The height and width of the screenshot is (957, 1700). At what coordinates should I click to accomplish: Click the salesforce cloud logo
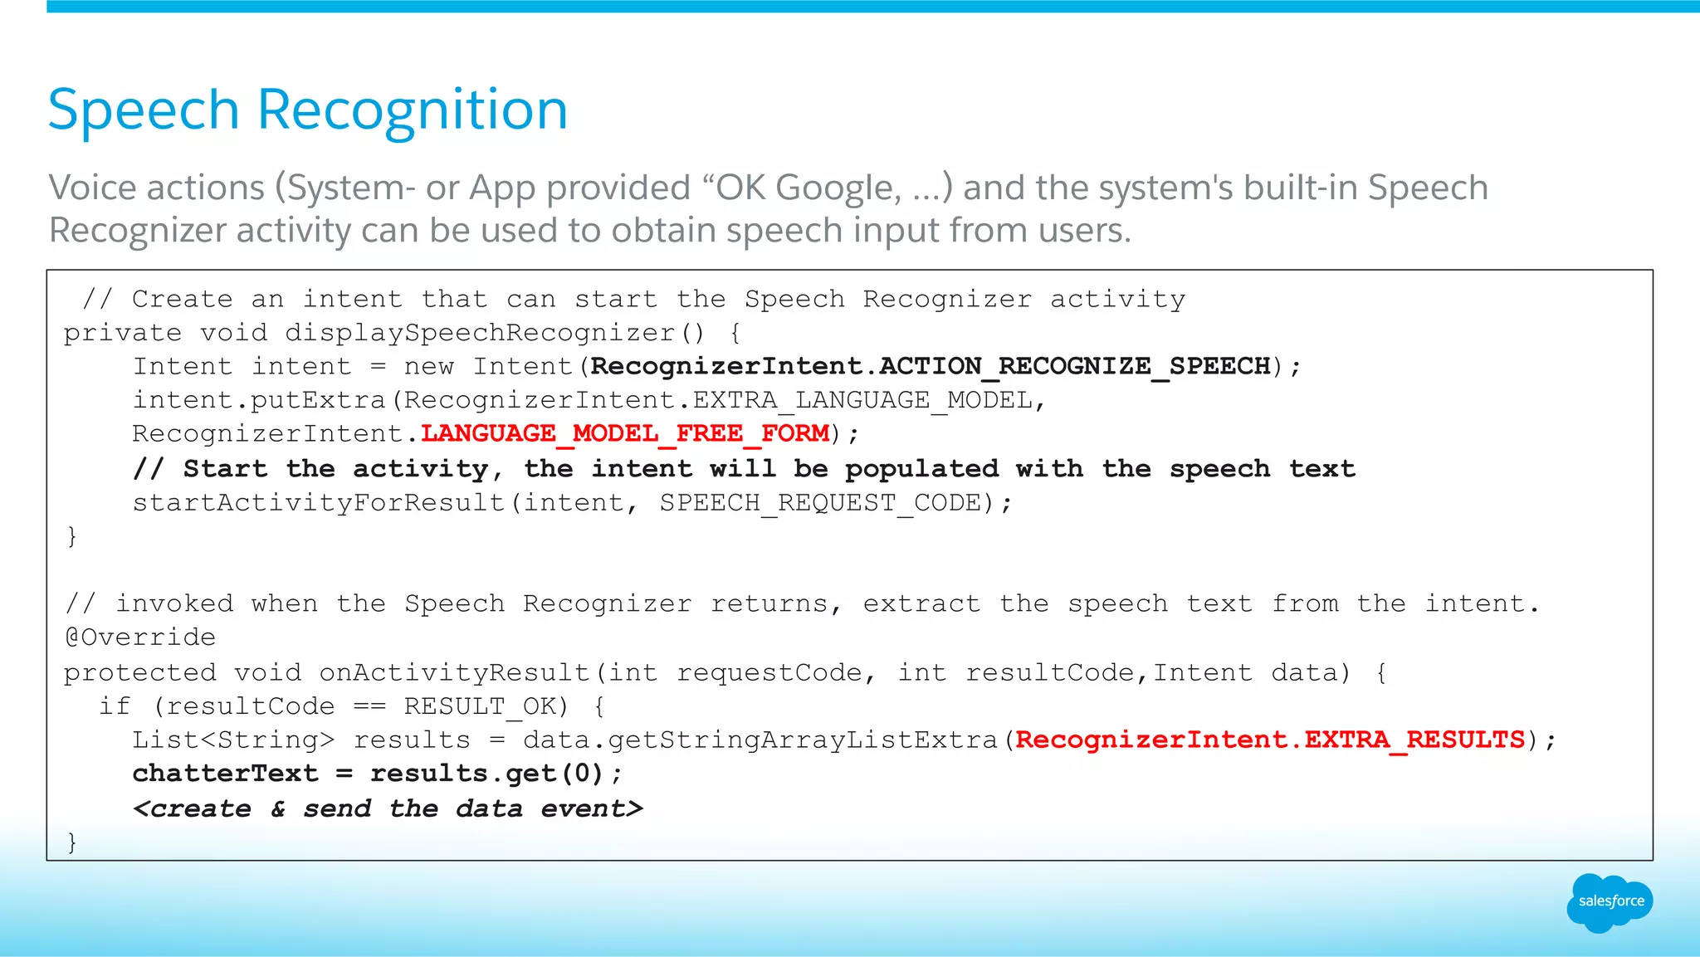(x=1610, y=902)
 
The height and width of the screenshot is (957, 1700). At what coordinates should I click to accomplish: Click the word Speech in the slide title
(x=144, y=110)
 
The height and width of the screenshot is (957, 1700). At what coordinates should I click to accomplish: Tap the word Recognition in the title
(x=412, y=110)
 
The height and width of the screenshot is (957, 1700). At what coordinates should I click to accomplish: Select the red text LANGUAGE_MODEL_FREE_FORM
(x=625, y=433)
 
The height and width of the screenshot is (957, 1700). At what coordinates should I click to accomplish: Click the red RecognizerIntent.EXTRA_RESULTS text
(x=1270, y=740)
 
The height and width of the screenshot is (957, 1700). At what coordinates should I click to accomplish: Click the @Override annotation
(x=140, y=637)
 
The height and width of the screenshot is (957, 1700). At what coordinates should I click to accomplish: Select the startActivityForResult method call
(x=319, y=503)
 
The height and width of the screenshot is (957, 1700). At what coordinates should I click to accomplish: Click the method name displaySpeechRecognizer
(x=480, y=333)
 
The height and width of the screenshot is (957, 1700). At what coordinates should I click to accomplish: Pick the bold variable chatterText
(x=225, y=774)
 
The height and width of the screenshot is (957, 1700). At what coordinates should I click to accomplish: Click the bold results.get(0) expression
(x=486, y=774)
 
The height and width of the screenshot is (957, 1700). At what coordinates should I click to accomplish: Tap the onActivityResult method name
(x=454, y=672)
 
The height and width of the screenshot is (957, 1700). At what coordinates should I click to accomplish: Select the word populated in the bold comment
(x=921, y=469)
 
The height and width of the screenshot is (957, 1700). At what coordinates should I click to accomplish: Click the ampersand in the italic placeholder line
(x=278, y=808)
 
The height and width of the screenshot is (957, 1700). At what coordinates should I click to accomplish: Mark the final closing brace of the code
(x=72, y=842)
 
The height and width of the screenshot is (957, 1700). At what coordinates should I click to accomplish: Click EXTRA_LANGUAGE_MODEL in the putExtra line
(x=862, y=400)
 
